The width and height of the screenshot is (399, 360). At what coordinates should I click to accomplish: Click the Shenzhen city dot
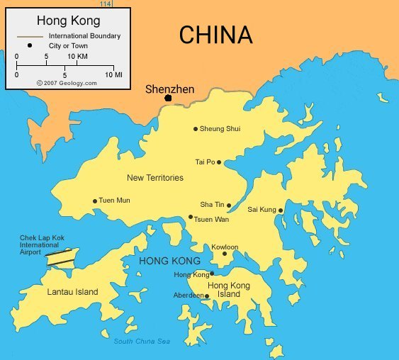pyautogui.click(x=168, y=98)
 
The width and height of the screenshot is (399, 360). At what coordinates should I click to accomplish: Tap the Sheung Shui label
pyautogui.click(x=220, y=129)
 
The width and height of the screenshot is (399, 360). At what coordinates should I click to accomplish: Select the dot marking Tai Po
pyautogui.click(x=219, y=162)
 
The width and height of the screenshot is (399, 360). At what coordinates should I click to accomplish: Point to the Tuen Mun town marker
pyautogui.click(x=95, y=201)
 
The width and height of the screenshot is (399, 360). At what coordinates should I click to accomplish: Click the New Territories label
pyautogui.click(x=154, y=178)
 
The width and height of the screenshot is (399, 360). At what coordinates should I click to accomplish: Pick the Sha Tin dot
pyautogui.click(x=229, y=206)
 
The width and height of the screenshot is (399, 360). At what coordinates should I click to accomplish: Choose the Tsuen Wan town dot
pyautogui.click(x=191, y=217)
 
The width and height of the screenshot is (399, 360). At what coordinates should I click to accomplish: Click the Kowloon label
pyautogui.click(x=225, y=247)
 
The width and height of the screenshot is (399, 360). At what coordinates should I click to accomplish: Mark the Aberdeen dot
pyautogui.click(x=207, y=296)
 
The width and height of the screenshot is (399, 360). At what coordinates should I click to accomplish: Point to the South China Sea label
pyautogui.click(x=142, y=342)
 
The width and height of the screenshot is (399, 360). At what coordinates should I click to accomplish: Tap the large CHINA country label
pyautogui.click(x=215, y=35)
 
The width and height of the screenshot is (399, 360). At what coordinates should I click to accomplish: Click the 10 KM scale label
pyautogui.click(x=78, y=56)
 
